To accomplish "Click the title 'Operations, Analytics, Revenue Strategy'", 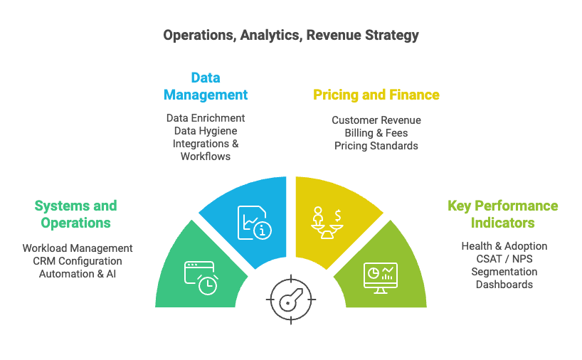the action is coord(291,36).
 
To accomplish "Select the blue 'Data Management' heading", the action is coord(206,86).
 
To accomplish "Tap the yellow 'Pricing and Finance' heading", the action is coord(376,95).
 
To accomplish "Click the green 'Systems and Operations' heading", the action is coord(75,214).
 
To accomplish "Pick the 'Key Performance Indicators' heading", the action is coord(503,214).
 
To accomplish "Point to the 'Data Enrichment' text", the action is coord(206,118).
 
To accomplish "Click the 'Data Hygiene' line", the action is coord(206,131).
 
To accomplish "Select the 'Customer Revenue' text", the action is coord(376,120).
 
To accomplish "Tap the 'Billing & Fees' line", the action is coord(376,133).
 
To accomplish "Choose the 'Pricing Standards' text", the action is coord(376,146).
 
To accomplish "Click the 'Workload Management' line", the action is coord(78,248).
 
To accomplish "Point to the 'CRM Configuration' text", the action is coord(78,261).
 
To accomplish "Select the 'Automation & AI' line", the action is coord(78,274).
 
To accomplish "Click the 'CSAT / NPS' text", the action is coord(504,259).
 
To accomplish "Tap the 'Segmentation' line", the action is coord(504,272).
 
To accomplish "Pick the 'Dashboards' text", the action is coord(504,285).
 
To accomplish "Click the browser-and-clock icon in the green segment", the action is coord(201,278).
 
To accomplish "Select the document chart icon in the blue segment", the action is coord(255,223).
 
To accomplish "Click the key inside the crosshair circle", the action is coord(292,300).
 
